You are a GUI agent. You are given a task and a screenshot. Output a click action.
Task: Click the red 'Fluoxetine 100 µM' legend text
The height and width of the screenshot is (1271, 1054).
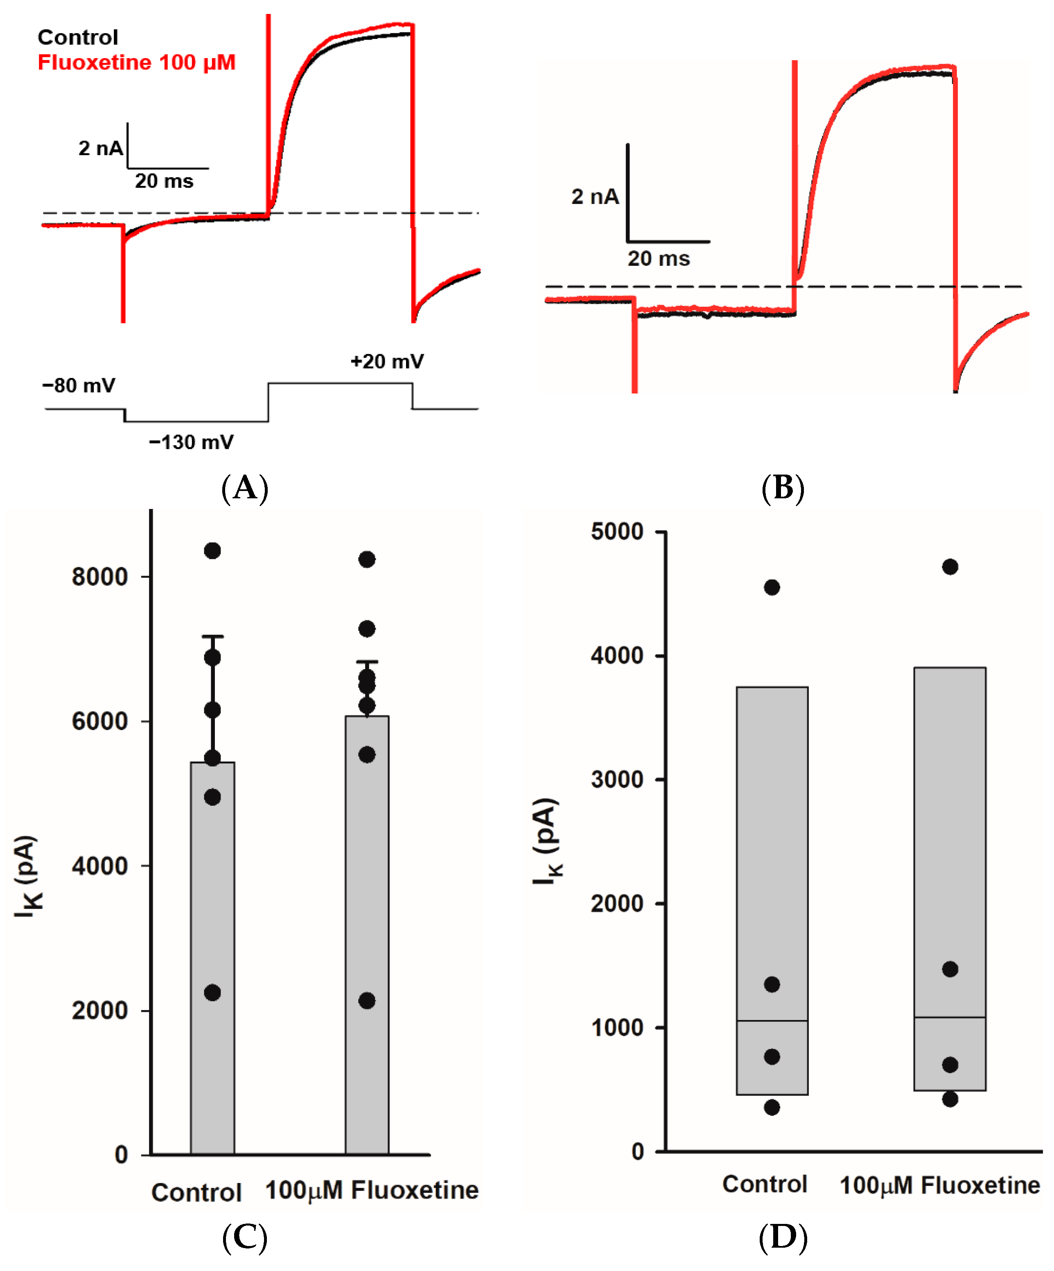[136, 62]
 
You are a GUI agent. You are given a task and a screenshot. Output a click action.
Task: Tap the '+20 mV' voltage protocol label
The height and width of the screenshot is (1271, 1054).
[387, 361]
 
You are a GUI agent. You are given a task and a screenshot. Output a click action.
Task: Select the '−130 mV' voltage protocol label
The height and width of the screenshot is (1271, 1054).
[191, 442]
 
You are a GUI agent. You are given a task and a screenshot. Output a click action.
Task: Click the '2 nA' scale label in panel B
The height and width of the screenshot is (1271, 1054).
[595, 197]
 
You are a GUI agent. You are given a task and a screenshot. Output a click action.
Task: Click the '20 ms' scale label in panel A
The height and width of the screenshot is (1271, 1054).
[164, 181]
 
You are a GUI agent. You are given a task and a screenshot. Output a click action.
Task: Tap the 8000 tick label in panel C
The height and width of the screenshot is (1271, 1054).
[100, 577]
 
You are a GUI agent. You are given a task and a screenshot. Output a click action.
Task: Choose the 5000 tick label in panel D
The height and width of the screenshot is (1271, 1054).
[617, 531]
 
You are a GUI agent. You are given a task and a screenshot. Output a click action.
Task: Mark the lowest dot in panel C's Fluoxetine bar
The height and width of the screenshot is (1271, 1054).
[367, 1000]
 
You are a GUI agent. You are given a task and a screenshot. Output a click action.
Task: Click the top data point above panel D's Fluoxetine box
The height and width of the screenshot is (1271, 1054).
[950, 567]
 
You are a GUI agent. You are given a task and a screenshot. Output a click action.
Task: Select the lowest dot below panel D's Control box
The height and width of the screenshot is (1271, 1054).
[772, 1108]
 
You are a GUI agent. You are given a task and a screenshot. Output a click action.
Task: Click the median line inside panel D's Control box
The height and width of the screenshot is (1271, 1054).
[772, 1021]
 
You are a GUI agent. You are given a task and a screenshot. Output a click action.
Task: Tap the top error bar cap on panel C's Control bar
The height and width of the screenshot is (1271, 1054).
[212, 637]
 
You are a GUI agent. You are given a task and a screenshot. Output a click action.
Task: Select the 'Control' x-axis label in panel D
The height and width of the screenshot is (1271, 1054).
[765, 1185]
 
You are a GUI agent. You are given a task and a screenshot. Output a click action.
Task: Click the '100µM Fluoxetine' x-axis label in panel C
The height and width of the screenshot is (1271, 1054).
[372, 1190]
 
